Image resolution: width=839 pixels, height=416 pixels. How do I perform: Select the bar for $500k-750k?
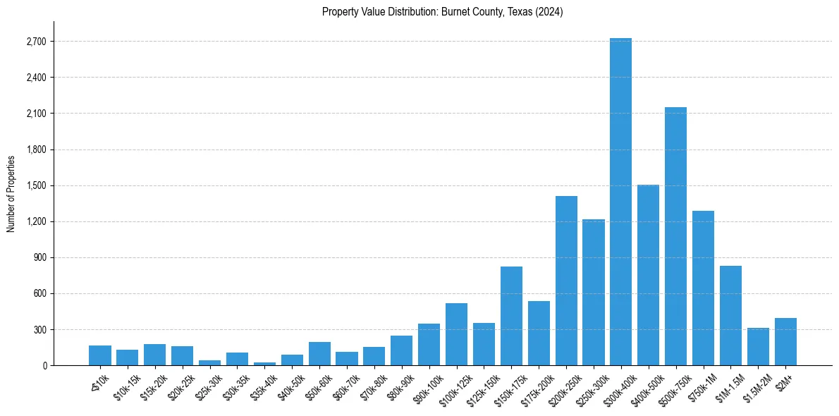tap(675, 236)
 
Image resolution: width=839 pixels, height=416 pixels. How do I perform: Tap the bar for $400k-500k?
tap(648, 275)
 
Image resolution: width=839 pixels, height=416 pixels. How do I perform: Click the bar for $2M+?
tap(785, 342)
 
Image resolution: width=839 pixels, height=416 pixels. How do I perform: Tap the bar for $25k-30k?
tap(209, 362)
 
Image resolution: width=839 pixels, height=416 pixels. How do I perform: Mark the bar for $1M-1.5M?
tap(730, 316)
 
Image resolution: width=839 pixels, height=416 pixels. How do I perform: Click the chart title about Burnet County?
tap(442, 12)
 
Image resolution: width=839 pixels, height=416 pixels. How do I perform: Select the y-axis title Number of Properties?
tap(11, 193)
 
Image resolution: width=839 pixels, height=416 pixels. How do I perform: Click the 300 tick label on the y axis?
tap(39, 329)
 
